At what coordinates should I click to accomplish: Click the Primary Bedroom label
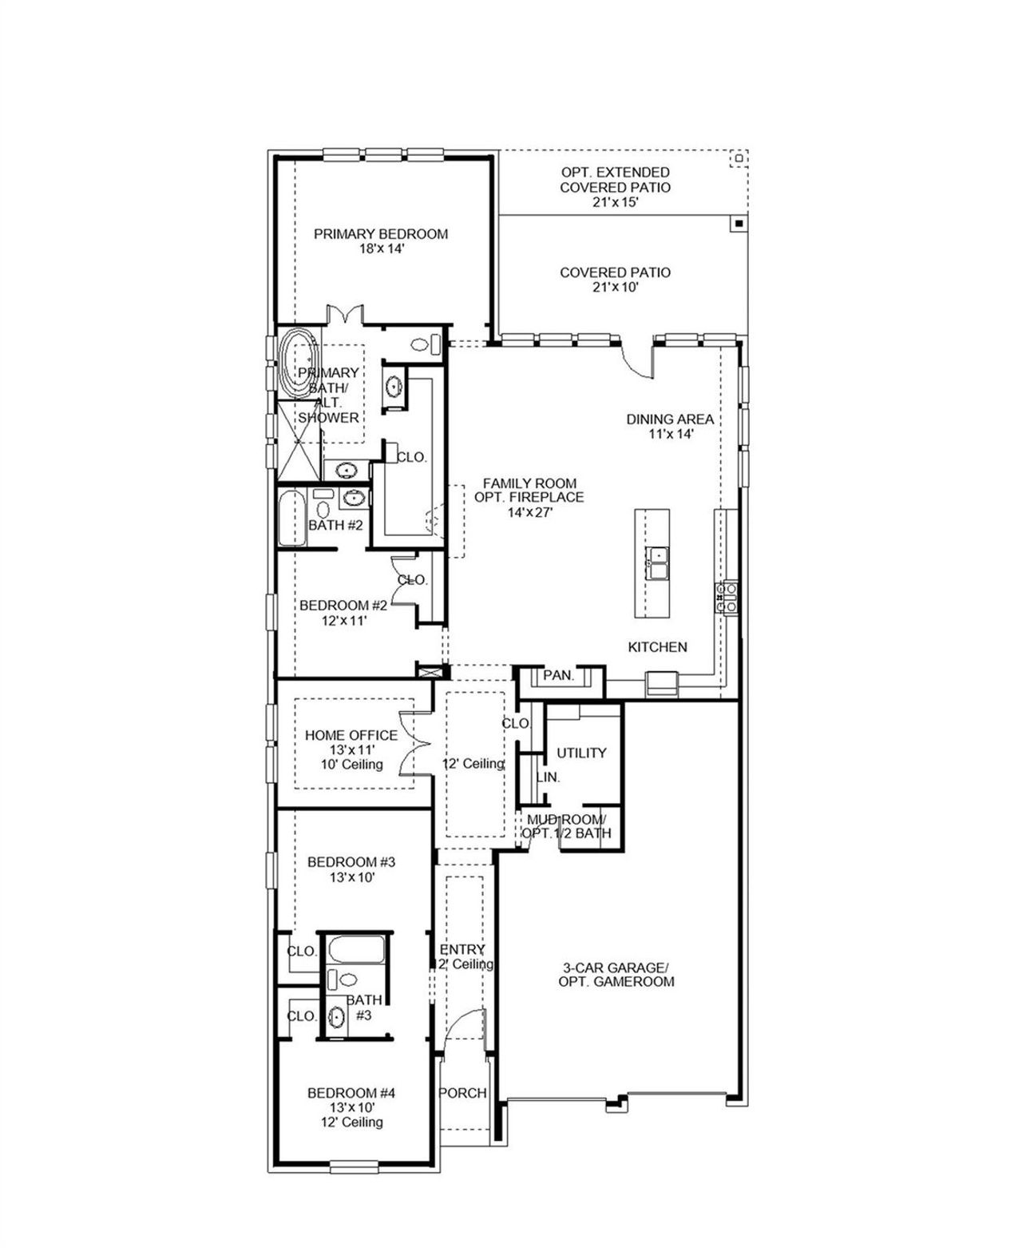tap(380, 234)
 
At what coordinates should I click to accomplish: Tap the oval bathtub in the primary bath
tap(299, 364)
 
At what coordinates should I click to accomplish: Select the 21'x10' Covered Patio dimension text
tap(615, 288)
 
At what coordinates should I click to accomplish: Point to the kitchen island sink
tap(659, 562)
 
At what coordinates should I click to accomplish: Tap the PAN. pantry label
tap(558, 676)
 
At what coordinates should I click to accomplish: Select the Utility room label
tap(581, 753)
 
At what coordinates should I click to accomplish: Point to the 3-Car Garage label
tap(616, 974)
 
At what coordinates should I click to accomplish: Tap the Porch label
tap(462, 1093)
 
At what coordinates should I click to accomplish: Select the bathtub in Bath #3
tap(355, 950)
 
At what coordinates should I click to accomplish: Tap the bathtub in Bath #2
tap(292, 519)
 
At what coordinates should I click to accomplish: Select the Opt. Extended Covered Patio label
tap(615, 180)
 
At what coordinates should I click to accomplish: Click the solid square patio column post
tap(739, 224)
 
